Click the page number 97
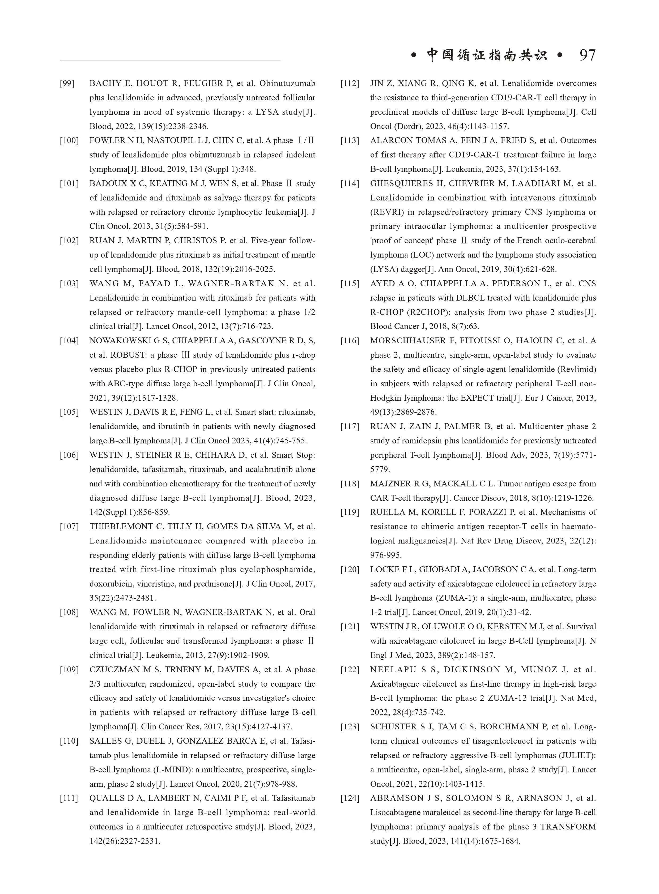point(587,55)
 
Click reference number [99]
point(67,83)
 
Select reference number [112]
point(350,83)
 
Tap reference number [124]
point(350,798)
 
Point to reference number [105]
point(69,412)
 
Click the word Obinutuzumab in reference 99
point(287,83)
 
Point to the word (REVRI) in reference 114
point(384,212)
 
